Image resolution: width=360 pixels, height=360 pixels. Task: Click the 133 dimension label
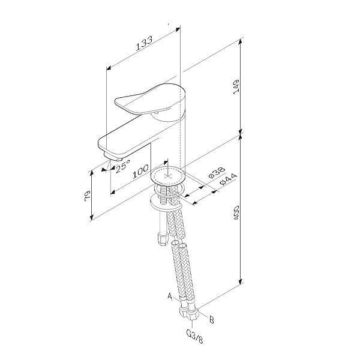[x=144, y=43]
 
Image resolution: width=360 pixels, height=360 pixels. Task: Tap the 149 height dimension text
[x=236, y=86]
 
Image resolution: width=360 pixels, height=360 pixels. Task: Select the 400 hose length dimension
[x=236, y=213]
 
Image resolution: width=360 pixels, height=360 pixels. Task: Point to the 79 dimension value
[x=88, y=196]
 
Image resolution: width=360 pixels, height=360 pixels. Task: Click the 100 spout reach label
[x=140, y=172]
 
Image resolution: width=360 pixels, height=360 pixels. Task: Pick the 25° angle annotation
[x=123, y=166]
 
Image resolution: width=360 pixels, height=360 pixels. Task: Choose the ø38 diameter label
[x=217, y=173]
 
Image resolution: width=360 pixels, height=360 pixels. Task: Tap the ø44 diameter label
[x=228, y=179]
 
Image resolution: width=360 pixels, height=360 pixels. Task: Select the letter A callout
[x=170, y=296]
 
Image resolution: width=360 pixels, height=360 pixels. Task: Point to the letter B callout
[x=211, y=320]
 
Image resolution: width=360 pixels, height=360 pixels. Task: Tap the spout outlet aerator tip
[x=119, y=160]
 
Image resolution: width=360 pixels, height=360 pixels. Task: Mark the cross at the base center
[x=168, y=176]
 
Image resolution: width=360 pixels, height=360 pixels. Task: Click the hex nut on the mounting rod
[x=163, y=239]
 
